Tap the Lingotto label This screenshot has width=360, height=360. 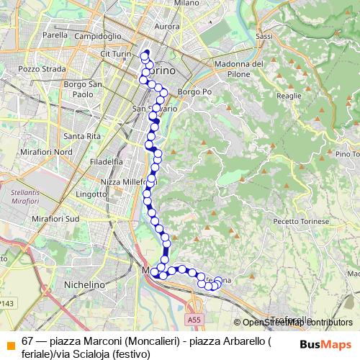[x=90, y=194]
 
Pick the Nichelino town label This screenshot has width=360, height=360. [x=85, y=285]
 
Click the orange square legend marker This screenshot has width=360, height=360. [x=10, y=342]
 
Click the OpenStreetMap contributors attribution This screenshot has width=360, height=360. [x=297, y=323]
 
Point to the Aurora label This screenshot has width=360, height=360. [x=167, y=26]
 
